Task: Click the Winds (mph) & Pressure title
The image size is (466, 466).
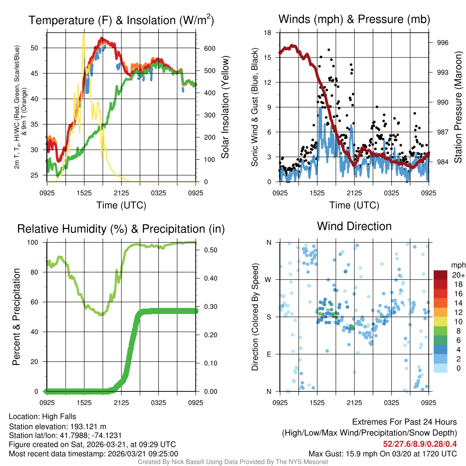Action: click(x=354, y=19)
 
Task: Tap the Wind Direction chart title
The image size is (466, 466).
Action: click(x=354, y=226)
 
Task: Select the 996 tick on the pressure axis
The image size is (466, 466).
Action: click(x=443, y=43)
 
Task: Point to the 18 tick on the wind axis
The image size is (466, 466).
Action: click(x=268, y=33)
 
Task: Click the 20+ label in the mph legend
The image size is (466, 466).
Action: click(x=458, y=275)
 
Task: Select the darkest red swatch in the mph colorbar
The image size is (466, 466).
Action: click(x=441, y=275)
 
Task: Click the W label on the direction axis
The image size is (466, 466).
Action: click(x=268, y=279)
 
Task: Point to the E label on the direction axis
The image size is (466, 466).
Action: click(x=268, y=354)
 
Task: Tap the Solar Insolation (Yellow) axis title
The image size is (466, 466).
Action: click(x=225, y=107)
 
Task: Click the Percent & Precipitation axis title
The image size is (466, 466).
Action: click(x=15, y=317)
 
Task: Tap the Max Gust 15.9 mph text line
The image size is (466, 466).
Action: click(x=382, y=453)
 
